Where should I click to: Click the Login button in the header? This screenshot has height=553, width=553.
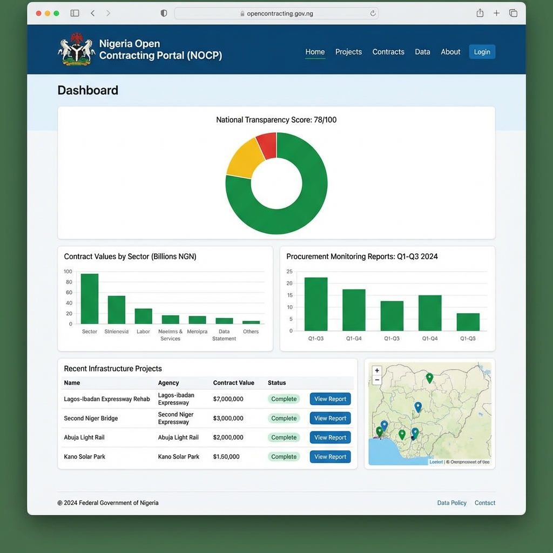point(482,52)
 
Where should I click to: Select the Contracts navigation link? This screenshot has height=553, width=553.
point(388,52)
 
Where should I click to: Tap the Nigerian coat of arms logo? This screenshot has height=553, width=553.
point(76,50)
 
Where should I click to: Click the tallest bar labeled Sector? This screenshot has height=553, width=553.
point(90,299)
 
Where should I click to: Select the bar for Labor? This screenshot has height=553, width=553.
point(143,316)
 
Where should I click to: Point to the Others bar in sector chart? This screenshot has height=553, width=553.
point(251,322)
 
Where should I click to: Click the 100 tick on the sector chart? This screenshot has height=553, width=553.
point(68,272)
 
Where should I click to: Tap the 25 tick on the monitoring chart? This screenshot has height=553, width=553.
point(289,272)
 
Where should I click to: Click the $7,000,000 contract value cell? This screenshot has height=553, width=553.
point(228,399)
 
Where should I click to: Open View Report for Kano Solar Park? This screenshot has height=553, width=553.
point(330,457)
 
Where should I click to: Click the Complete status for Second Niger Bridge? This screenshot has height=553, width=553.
point(284,419)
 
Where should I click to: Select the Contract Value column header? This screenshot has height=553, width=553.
point(233,383)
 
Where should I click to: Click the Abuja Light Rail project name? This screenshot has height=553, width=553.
point(84,437)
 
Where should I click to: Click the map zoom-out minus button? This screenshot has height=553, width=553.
point(377,380)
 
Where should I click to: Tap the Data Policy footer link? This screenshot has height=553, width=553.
point(451,503)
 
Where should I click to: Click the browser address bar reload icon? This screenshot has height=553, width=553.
point(373,14)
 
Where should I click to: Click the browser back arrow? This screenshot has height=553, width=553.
point(93,13)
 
